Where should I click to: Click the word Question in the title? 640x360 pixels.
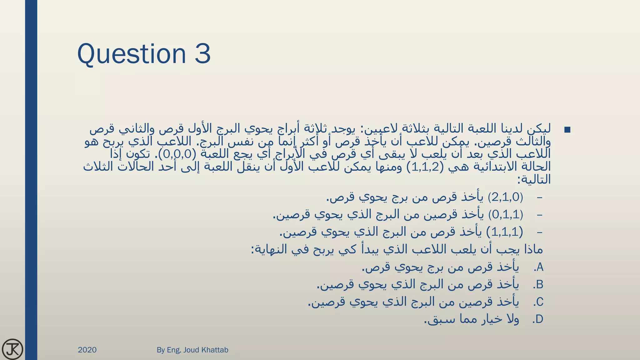[x=132, y=54]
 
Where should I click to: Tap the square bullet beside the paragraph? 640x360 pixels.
[x=567, y=130]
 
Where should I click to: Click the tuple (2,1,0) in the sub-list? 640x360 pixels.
[x=505, y=197]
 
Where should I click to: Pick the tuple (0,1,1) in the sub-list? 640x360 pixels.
[x=506, y=215]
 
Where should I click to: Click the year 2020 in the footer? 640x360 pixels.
[x=87, y=350]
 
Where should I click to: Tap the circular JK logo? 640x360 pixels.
[x=12, y=349]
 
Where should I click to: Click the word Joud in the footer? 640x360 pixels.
[x=191, y=350]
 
